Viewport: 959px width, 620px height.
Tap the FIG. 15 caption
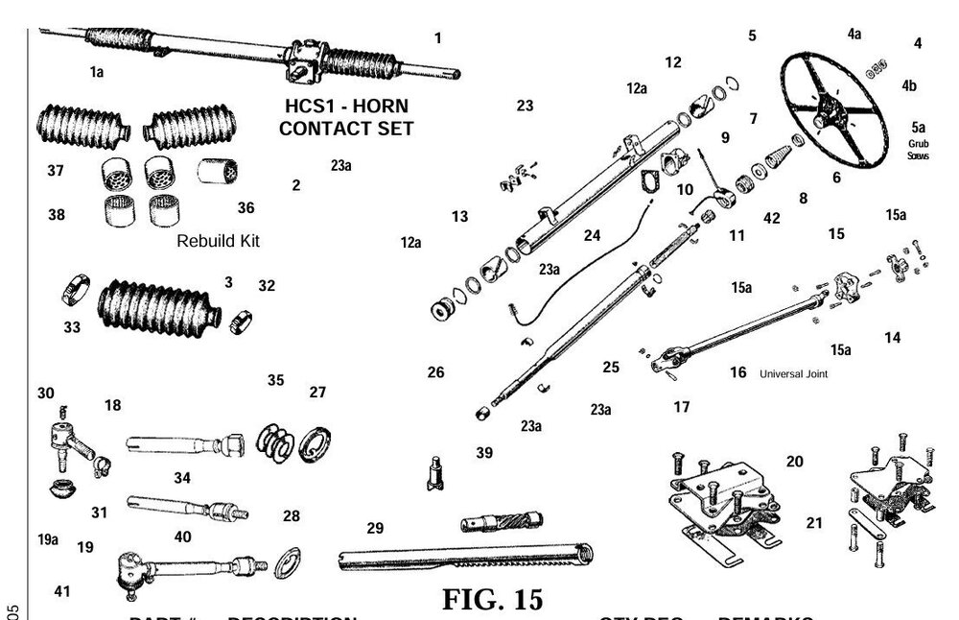(492, 599)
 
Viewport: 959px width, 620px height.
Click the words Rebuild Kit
(218, 241)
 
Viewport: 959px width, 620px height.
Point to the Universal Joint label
(793, 374)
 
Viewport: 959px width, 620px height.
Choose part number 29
(375, 528)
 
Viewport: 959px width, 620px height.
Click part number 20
(794, 462)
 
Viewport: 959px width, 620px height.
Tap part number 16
(737, 372)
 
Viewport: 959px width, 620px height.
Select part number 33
(72, 326)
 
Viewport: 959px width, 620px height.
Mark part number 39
(484, 452)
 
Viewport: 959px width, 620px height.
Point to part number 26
(435, 371)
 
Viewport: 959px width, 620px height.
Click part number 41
(61, 592)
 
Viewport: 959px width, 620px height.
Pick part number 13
(459, 217)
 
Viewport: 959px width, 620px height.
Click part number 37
(55, 170)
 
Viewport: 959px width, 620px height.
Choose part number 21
(814, 522)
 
